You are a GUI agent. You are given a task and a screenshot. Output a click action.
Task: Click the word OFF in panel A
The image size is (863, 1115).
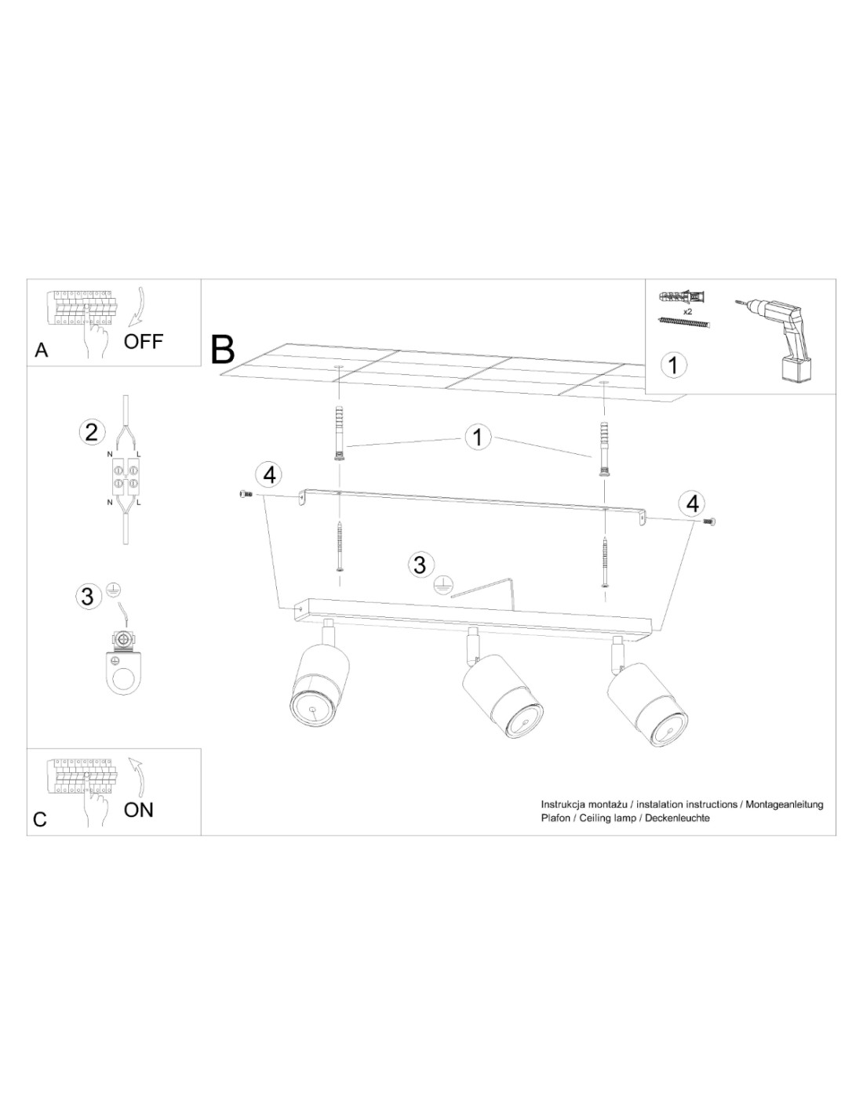[x=144, y=341]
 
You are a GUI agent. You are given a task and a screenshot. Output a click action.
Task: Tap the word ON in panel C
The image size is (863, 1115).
[x=139, y=810]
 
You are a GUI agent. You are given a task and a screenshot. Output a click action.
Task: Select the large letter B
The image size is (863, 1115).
[x=223, y=350]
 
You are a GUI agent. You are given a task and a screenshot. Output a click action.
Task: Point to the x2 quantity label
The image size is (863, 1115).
[x=688, y=311]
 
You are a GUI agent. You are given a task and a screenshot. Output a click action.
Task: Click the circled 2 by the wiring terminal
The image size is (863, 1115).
[x=92, y=432]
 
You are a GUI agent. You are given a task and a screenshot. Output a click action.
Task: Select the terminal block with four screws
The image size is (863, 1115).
[x=124, y=477]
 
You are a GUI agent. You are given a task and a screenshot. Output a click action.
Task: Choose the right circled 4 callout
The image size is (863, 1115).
[x=693, y=503]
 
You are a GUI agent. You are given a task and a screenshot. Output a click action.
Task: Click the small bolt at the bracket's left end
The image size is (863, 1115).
[x=245, y=494]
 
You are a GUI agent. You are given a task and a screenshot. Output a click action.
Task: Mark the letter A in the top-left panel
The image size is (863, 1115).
[x=42, y=350]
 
